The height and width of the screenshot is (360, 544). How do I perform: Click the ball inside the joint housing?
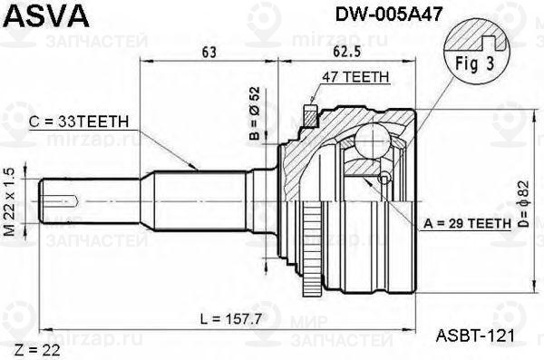pos(372,143)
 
